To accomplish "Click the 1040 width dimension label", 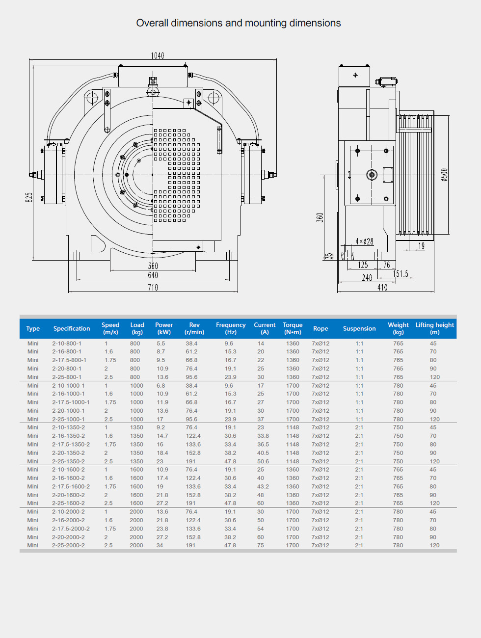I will tap(158, 55).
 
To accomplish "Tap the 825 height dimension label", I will tap(29, 197).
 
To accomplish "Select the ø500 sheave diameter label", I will tap(444, 175).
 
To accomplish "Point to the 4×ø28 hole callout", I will tap(364, 241).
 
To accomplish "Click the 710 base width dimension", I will tap(153, 288).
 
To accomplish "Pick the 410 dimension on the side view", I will tap(382, 288).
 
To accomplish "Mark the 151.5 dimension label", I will tap(401, 274).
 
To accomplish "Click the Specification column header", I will tap(72, 328).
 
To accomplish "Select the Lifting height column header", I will tap(434, 328).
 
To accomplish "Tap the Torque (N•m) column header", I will tap(293, 328).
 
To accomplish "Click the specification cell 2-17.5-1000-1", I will tap(71, 402).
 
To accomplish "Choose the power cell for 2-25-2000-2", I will tap(160, 545).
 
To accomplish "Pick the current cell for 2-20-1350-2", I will tap(263, 453).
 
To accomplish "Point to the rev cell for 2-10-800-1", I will tap(191, 344).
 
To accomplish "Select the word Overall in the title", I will tap(152, 23).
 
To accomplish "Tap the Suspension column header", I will tap(359, 328).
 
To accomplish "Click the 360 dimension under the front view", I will tap(153, 266).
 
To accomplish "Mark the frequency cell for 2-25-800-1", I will tap(231, 377).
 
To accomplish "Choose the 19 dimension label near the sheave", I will tap(422, 246).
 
